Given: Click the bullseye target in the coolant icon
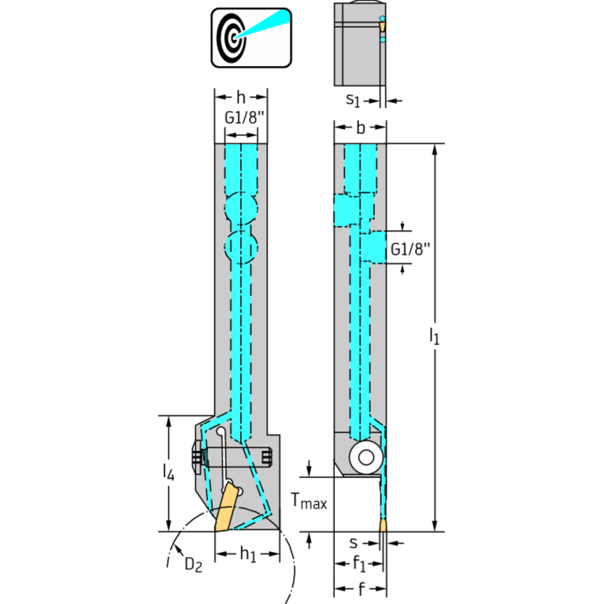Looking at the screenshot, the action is click(x=231, y=38).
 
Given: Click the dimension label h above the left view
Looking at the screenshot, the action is click(x=241, y=97).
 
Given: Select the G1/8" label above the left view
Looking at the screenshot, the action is click(x=245, y=117).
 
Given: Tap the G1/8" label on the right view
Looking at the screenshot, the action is click(x=410, y=249).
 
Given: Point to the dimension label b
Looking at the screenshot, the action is click(x=361, y=128).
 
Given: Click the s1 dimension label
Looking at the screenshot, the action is click(x=353, y=100).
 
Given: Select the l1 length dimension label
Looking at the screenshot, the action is click(x=435, y=335).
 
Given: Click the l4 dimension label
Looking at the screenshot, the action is click(x=169, y=472).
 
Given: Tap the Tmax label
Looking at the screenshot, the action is click(x=309, y=501).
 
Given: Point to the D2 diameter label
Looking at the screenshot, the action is click(x=194, y=565).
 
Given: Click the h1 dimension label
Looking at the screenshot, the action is click(x=248, y=554).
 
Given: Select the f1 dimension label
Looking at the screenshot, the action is click(x=359, y=564).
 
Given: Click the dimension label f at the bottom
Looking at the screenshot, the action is click(x=361, y=588).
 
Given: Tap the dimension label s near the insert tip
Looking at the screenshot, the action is click(x=354, y=543).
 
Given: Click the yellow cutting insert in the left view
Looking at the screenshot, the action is click(x=226, y=507).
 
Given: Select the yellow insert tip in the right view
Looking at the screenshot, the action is click(x=384, y=525).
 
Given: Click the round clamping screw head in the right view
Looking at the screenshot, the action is click(x=366, y=458).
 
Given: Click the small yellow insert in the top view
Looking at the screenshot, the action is click(x=382, y=27).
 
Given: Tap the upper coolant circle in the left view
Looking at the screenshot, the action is click(x=241, y=209).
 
